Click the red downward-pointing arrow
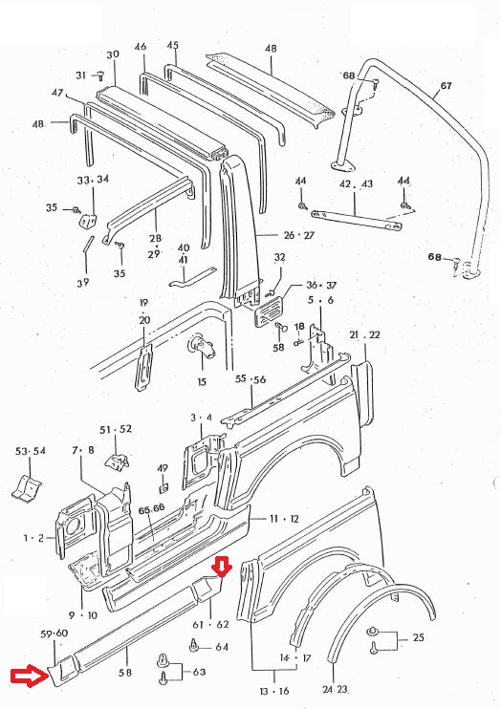(222, 567)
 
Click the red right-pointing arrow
(27, 677)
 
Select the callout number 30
(113, 54)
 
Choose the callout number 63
(198, 672)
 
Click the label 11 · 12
(281, 518)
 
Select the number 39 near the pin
(83, 282)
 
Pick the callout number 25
(418, 638)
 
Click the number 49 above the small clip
(163, 468)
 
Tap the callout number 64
(222, 647)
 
